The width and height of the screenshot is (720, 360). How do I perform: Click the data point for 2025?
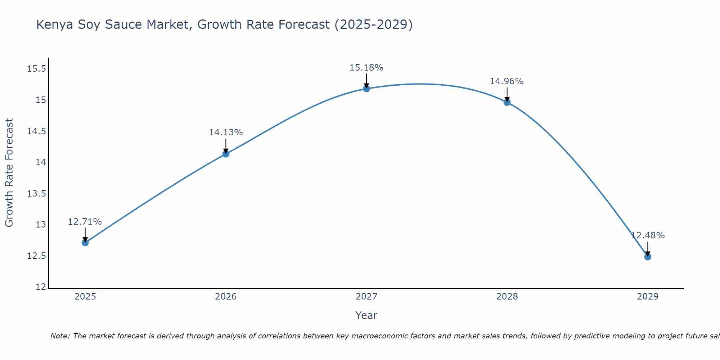tap(85, 243)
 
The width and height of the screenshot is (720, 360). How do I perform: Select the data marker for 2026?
tap(226, 154)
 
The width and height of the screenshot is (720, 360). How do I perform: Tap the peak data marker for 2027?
tap(366, 89)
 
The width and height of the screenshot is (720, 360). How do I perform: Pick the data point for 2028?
tap(507, 102)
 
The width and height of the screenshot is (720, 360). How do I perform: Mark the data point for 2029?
tap(648, 257)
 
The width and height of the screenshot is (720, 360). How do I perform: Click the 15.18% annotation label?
tap(366, 68)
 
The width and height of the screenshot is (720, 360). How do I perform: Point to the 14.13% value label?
tap(226, 132)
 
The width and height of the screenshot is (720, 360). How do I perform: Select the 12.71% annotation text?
tap(85, 222)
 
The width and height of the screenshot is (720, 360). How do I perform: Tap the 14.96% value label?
tap(507, 81)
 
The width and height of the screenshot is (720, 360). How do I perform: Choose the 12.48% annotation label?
tap(648, 235)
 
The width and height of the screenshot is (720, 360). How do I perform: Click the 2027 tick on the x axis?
tap(366, 297)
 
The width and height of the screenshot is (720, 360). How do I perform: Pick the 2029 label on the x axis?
tap(648, 297)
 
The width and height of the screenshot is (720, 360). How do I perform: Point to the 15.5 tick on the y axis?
tap(37, 69)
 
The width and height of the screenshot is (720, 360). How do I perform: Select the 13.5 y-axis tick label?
tap(37, 194)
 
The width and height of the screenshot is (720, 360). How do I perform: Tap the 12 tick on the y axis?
tap(41, 287)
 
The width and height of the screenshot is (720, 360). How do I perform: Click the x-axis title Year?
tap(366, 315)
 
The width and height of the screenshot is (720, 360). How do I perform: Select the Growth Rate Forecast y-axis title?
tap(9, 172)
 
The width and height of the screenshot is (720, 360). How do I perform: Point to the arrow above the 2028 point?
tap(507, 94)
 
